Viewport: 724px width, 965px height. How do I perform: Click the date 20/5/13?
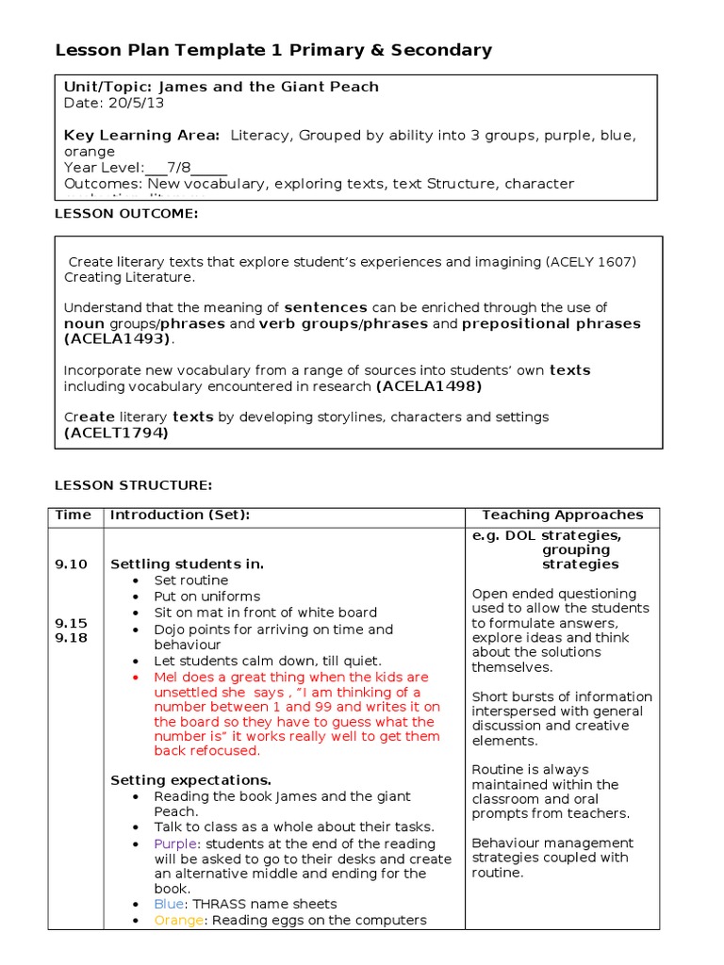(x=121, y=103)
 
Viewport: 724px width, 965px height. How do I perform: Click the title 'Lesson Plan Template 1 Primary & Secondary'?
(x=273, y=50)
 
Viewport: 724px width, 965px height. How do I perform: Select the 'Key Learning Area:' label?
(x=141, y=136)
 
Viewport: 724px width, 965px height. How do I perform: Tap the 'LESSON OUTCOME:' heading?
(x=126, y=214)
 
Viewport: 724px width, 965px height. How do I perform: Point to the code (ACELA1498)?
(x=429, y=386)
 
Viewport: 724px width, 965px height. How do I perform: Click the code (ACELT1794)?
(x=116, y=433)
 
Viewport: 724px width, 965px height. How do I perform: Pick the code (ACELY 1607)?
(x=591, y=261)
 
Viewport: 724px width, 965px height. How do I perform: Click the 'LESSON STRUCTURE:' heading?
(x=133, y=485)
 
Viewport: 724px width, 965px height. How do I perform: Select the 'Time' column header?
(x=74, y=515)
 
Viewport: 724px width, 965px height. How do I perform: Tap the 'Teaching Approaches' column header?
(x=562, y=515)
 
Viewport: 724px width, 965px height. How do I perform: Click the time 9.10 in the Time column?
(x=71, y=564)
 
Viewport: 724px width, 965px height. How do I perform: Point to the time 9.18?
(x=71, y=638)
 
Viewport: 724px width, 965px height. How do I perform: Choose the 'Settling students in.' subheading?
(x=187, y=564)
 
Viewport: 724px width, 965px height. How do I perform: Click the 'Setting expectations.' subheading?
(x=190, y=780)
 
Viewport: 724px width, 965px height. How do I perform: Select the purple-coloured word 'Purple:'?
(x=178, y=844)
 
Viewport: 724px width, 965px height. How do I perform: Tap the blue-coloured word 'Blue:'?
(x=171, y=904)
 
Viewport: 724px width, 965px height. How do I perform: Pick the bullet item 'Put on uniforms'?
(x=206, y=597)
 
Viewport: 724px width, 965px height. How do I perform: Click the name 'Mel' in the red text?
(x=166, y=678)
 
